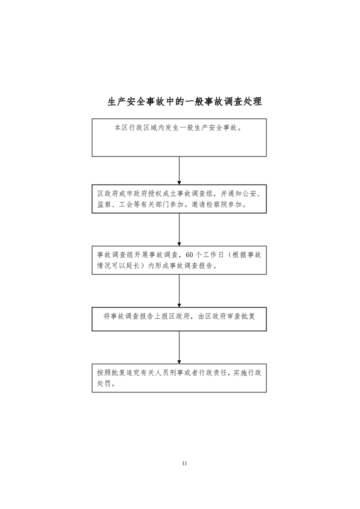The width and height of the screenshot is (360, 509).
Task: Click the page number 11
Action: [x=185, y=463]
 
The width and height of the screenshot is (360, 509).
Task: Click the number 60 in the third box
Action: [x=189, y=255]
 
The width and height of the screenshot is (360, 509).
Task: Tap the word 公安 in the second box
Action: [x=249, y=194]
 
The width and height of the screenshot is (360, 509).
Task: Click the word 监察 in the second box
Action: [x=104, y=205]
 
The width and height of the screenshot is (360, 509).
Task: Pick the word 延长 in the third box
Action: [x=133, y=265]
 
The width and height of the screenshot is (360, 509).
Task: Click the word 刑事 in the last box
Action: [x=176, y=372]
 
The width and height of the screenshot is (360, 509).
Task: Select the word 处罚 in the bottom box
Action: [x=104, y=383]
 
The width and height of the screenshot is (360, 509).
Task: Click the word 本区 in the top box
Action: [x=121, y=128]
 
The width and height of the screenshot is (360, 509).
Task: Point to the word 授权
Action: [x=155, y=194]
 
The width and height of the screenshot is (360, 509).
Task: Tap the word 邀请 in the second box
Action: [x=199, y=205]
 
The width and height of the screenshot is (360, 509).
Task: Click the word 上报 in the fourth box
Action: [x=161, y=316]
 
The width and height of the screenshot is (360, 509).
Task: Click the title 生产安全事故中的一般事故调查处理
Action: [x=185, y=102]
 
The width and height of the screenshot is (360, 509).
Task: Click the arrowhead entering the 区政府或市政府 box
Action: [x=179, y=183]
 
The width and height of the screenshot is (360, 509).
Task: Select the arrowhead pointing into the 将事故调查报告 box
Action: [x=179, y=305]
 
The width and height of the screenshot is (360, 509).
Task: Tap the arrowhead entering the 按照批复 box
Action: [x=179, y=362]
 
